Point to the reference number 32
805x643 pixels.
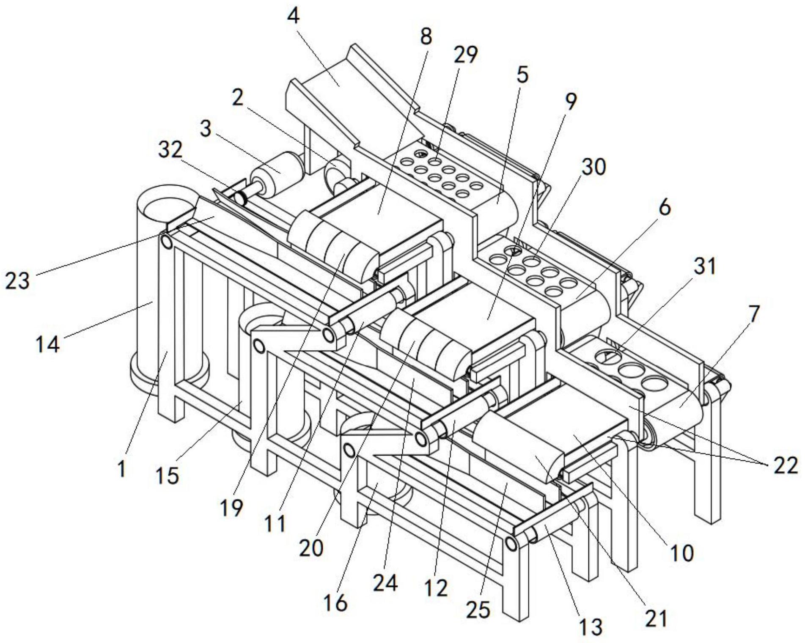coord(170,150)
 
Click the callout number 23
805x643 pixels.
coord(17,280)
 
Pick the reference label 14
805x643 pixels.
coord(47,344)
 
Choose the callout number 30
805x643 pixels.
coord(593,168)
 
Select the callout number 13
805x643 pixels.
coord(591,627)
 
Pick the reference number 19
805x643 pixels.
coord(231,507)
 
